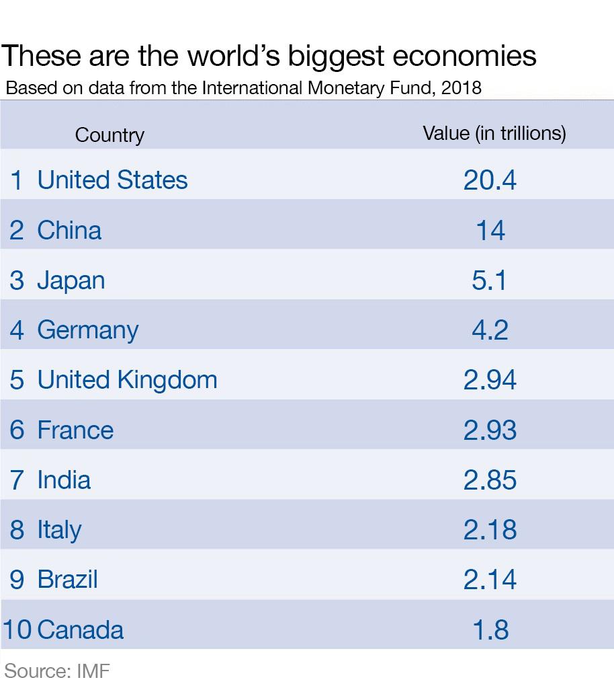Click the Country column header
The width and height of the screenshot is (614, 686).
(109, 135)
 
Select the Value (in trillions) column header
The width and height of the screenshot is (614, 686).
(494, 133)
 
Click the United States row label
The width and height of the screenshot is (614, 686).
(112, 180)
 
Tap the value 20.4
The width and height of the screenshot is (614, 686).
(490, 180)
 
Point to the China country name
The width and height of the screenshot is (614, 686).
(69, 230)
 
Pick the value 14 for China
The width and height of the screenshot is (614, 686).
(490, 231)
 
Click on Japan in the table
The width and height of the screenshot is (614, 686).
(71, 280)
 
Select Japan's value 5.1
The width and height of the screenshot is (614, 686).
(490, 280)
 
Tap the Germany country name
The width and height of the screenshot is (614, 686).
(87, 330)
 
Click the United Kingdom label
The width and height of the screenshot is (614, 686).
(127, 380)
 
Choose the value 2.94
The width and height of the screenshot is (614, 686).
(490, 380)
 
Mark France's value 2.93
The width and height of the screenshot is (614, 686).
(490, 430)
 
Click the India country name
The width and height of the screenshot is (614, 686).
(64, 480)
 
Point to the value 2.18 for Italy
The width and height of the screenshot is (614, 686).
(490, 530)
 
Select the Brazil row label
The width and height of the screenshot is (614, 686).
(67, 580)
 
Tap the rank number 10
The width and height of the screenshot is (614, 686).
(17, 630)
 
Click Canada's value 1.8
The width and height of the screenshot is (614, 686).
(490, 630)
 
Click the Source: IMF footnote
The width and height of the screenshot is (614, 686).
(57, 671)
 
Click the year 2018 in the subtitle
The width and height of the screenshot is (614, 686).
(462, 88)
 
